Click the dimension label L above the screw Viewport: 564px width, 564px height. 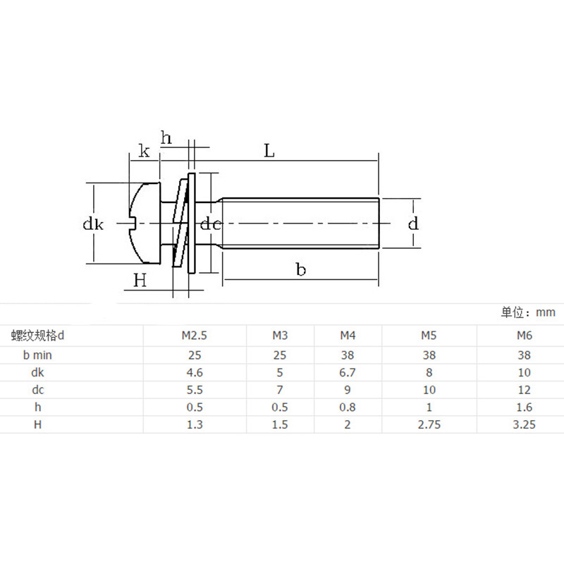pyautogui.click(x=269, y=151)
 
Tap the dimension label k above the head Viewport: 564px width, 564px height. pyautogui.click(x=144, y=151)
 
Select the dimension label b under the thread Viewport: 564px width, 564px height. pyautogui.click(x=301, y=270)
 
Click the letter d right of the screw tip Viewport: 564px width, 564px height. pyautogui.click(x=414, y=224)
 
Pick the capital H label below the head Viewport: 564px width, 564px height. pyautogui.click(x=140, y=281)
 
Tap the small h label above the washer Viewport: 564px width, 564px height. pyautogui.click(x=166, y=137)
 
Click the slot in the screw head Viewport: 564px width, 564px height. pyautogui.click(x=131, y=224)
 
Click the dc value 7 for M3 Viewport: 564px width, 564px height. pyautogui.click(x=280, y=390)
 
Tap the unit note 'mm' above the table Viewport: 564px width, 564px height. pyautogui.click(x=545, y=312)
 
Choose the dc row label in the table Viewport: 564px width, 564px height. pyautogui.click(x=37, y=390)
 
